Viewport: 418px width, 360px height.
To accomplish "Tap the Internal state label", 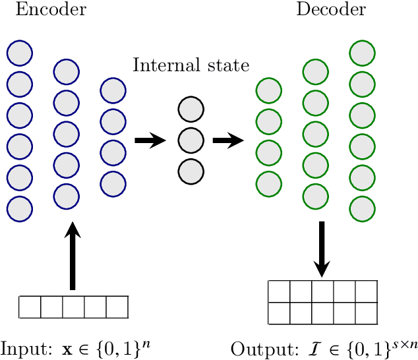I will [191, 66].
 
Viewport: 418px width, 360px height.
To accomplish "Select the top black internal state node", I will [191, 109].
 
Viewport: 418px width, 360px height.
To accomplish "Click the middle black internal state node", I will [191, 140].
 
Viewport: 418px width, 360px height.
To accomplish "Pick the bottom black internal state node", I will [191, 171].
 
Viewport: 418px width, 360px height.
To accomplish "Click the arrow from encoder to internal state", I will [150, 140].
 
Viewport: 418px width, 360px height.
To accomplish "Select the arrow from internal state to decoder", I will [228, 140].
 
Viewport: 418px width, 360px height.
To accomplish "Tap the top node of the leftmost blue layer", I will [20, 52].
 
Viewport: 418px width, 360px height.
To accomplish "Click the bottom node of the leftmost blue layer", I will [20, 208].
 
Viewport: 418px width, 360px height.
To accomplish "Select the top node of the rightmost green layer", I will [362, 52].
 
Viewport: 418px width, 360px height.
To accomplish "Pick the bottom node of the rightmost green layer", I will [362, 208].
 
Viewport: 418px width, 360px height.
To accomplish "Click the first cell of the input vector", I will [30, 307].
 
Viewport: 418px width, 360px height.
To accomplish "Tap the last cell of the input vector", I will [117, 307].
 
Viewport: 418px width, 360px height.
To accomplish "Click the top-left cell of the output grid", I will [280, 291].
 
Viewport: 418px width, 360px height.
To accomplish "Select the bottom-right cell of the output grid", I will [366, 313].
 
